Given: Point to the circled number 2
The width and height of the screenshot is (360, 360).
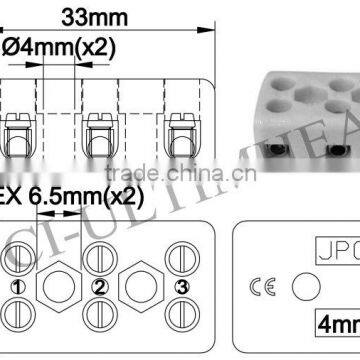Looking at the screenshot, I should click(99, 288).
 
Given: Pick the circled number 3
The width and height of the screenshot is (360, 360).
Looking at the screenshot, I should click(181, 288).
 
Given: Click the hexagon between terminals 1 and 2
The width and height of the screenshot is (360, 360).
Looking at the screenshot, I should click(56, 287).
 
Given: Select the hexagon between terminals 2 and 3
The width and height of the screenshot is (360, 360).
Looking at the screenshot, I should click(140, 287).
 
